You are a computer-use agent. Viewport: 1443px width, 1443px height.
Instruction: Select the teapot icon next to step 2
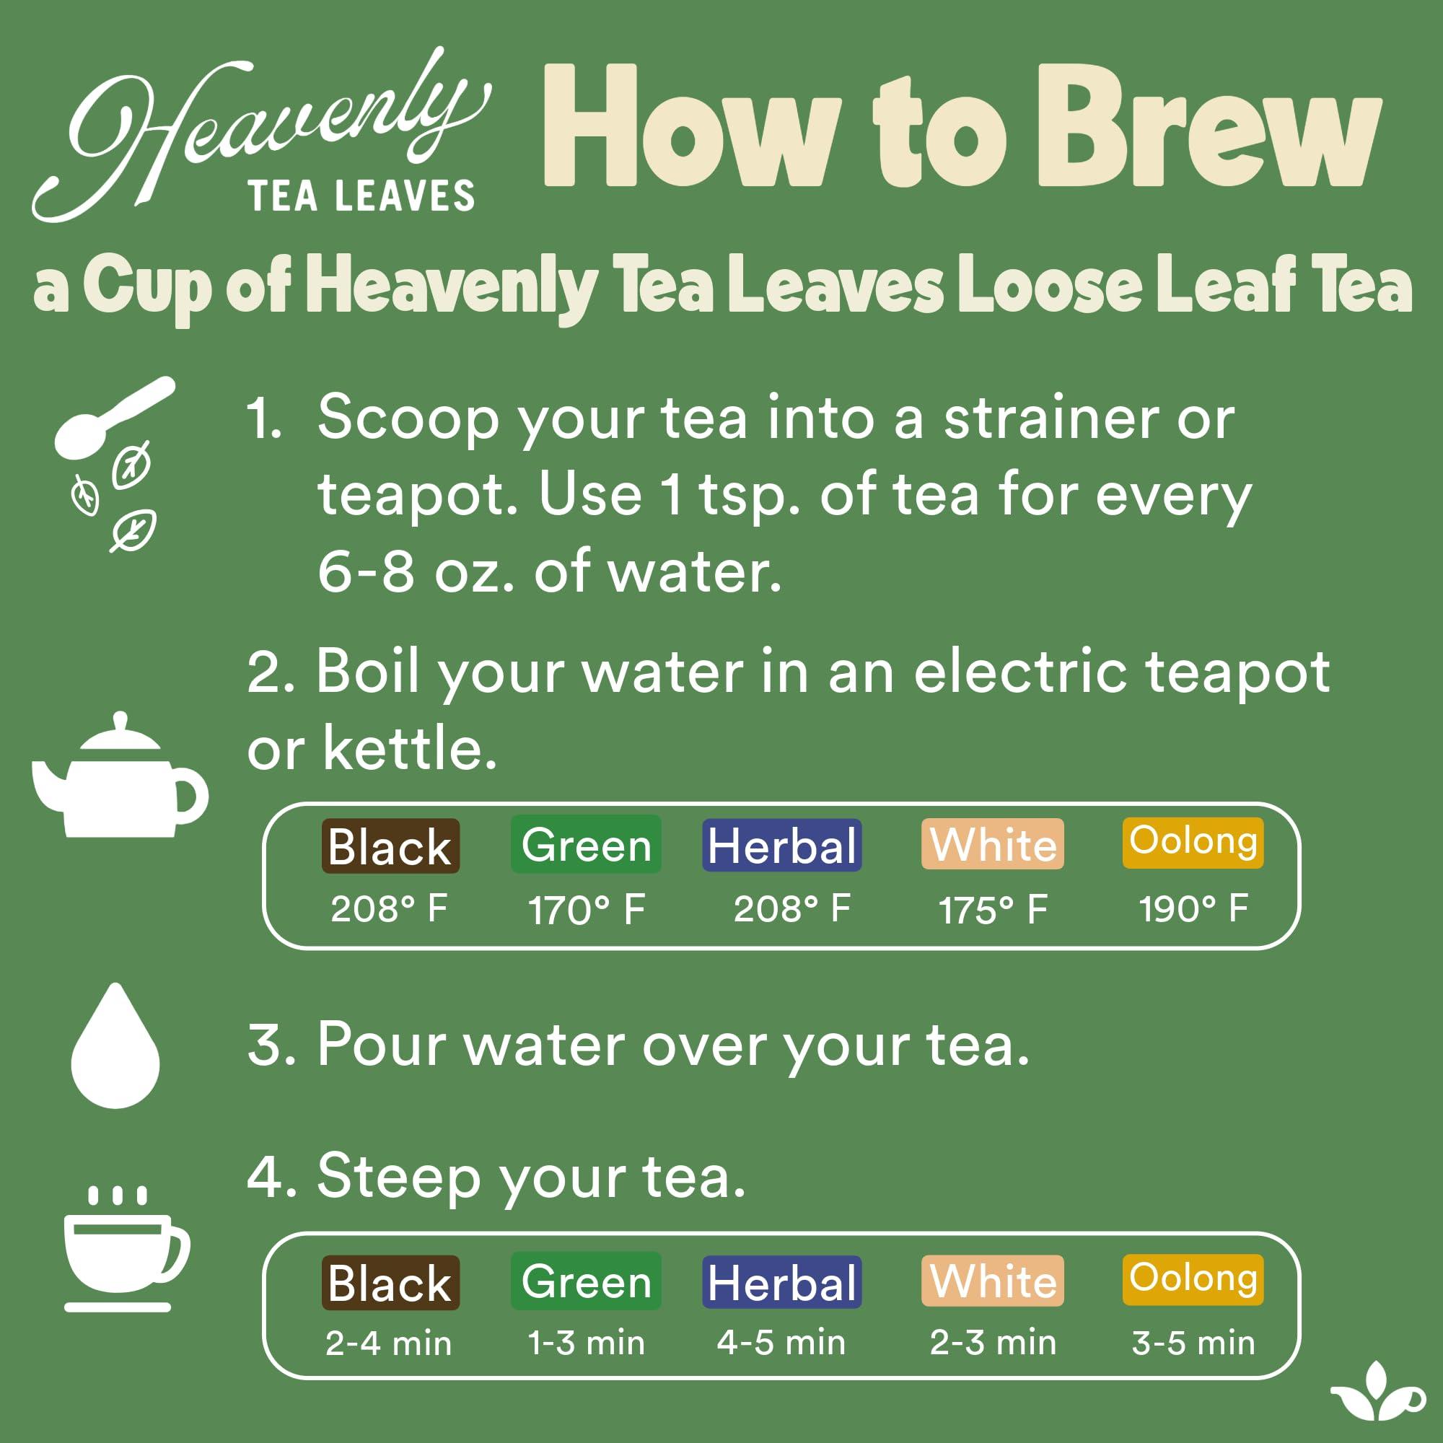[x=120, y=781]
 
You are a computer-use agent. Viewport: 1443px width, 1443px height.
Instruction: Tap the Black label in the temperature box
[x=390, y=846]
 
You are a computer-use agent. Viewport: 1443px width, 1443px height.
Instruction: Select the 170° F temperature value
[x=587, y=911]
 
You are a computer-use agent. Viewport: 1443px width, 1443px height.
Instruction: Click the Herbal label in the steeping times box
[x=781, y=1283]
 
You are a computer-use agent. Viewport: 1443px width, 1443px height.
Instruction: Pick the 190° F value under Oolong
[x=1193, y=909]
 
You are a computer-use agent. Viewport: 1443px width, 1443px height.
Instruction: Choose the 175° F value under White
[x=993, y=911]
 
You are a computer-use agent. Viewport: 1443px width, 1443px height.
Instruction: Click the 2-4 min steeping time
[x=388, y=1343]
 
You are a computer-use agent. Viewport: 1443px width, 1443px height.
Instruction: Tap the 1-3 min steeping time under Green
[x=587, y=1343]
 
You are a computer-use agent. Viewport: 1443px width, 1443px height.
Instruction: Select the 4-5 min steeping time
[x=781, y=1343]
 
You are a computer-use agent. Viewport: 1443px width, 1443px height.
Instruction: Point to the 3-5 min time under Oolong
[x=1193, y=1343]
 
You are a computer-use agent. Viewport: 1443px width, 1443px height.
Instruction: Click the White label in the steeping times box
[x=993, y=1281]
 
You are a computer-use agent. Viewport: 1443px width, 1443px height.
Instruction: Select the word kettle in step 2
[x=409, y=749]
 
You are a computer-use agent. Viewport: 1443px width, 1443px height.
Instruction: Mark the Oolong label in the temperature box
[x=1193, y=842]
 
